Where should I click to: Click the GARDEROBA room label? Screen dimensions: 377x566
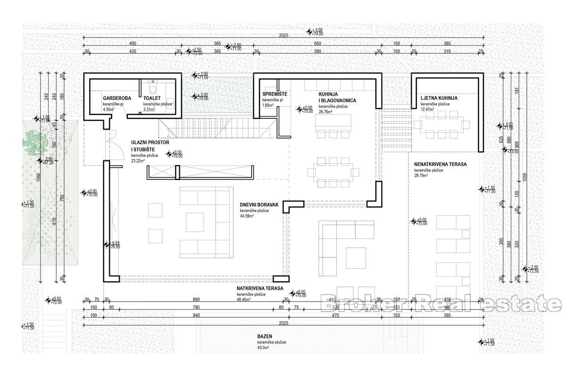click(117, 98)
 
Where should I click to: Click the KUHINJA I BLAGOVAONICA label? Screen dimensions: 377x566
click(337, 98)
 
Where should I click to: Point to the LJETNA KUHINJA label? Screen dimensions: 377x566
click(439, 98)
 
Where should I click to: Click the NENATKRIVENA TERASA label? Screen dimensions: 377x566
click(440, 164)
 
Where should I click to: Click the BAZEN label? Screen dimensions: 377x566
click(264, 336)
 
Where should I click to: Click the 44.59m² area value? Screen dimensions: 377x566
click(247, 216)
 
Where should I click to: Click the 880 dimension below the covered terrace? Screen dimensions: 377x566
click(196, 299)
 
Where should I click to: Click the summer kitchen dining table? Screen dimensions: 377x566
click(442, 125)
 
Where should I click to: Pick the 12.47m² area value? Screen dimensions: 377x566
click(428, 109)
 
